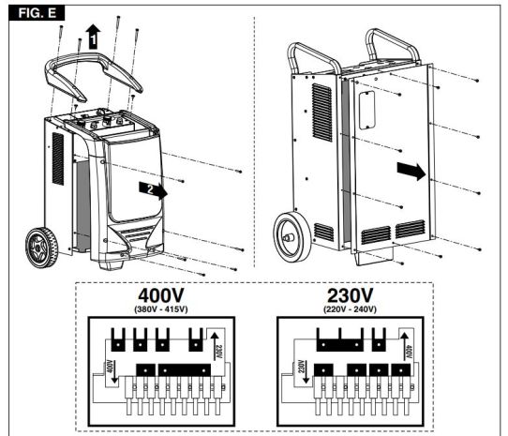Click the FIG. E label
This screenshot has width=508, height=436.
(37, 13)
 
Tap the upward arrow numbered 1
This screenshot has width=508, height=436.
(93, 37)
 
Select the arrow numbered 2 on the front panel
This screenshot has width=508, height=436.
(153, 190)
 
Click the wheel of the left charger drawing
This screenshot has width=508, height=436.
(42, 248)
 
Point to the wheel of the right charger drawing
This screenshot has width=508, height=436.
(292, 237)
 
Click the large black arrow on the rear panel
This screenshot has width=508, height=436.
(411, 172)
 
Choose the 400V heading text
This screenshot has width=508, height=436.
(161, 295)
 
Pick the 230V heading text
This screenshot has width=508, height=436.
(351, 295)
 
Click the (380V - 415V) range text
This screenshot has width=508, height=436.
(161, 309)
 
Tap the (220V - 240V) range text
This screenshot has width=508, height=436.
(351, 309)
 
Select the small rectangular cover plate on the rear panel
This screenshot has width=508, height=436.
(367, 111)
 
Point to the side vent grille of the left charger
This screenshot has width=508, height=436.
(58, 158)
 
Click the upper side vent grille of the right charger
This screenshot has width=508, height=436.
(322, 113)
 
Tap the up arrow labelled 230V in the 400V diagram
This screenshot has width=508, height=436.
(214, 346)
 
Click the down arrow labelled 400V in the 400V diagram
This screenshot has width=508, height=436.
(113, 370)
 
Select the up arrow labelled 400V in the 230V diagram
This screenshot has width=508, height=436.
(404, 346)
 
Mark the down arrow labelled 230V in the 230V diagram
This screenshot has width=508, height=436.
(306, 370)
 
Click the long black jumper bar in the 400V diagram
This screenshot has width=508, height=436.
(185, 369)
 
